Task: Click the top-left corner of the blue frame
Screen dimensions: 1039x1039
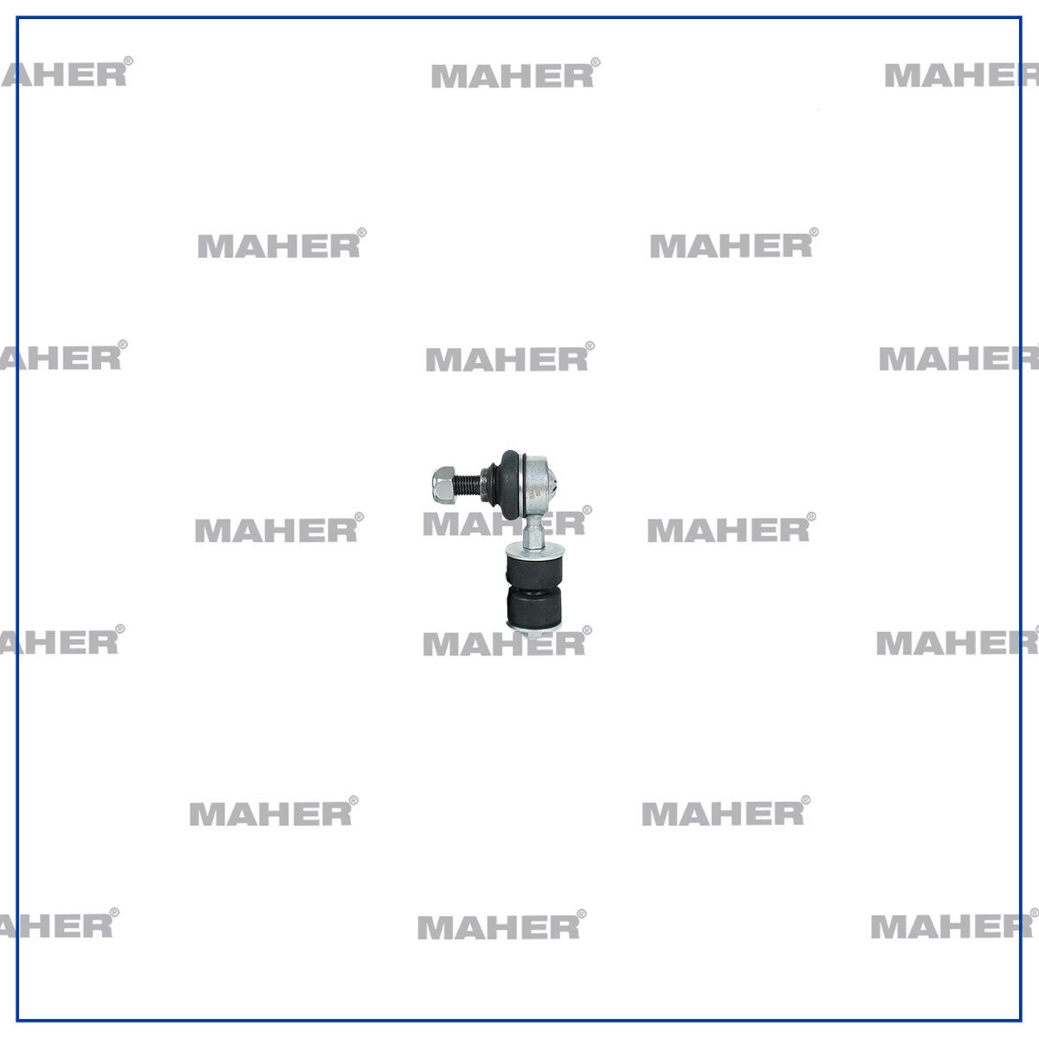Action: [x=18, y=18]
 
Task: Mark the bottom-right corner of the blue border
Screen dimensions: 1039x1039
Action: [x=1021, y=1020]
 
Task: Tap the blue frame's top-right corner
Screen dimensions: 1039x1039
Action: [x=1021, y=18]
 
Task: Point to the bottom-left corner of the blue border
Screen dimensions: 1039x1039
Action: [x=18, y=1020]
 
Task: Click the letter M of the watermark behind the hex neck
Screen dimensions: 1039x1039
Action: [x=438, y=524]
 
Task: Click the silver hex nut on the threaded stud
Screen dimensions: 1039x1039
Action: [x=444, y=485]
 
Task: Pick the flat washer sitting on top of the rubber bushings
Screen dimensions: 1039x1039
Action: [x=534, y=551]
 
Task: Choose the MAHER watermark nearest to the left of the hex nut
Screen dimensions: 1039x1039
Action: [x=279, y=528]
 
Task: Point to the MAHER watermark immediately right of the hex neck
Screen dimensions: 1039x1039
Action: [x=731, y=528]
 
